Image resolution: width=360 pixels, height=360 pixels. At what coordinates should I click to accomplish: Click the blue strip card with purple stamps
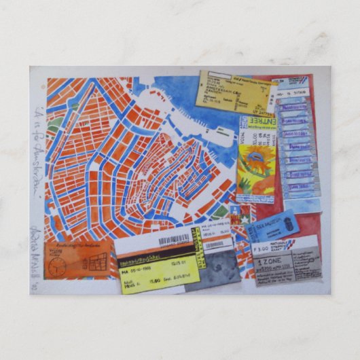point(298,146)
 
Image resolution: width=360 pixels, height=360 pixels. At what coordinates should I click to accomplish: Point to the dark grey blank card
point(214,268)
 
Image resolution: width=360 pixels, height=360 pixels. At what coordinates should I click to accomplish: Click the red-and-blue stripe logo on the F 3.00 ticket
point(289,242)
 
